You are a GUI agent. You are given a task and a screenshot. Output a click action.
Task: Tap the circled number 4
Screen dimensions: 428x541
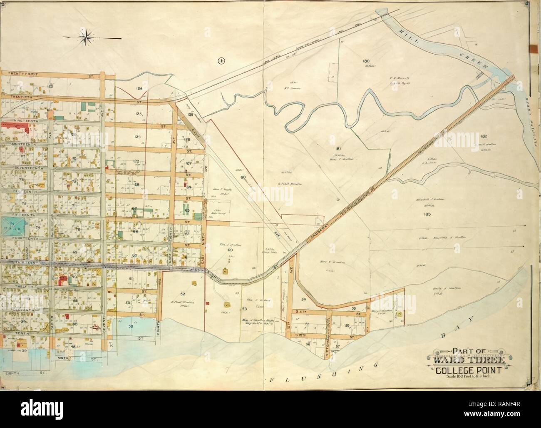[x=221, y=61]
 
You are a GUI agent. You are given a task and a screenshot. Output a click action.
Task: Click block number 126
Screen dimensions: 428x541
[x=139, y=88]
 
